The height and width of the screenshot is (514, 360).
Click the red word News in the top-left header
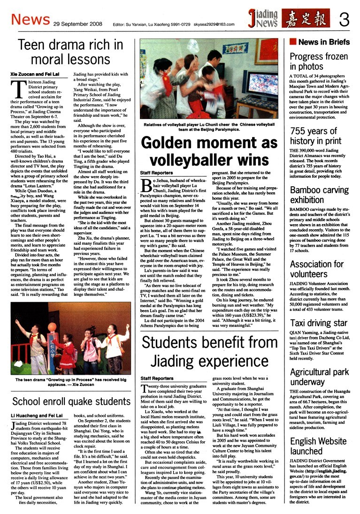click(x=30, y=19)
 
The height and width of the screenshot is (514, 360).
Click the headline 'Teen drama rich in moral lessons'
click(x=70, y=52)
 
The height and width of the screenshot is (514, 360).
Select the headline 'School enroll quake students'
click(x=71, y=401)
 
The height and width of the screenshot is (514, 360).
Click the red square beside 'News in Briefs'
click(x=293, y=42)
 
